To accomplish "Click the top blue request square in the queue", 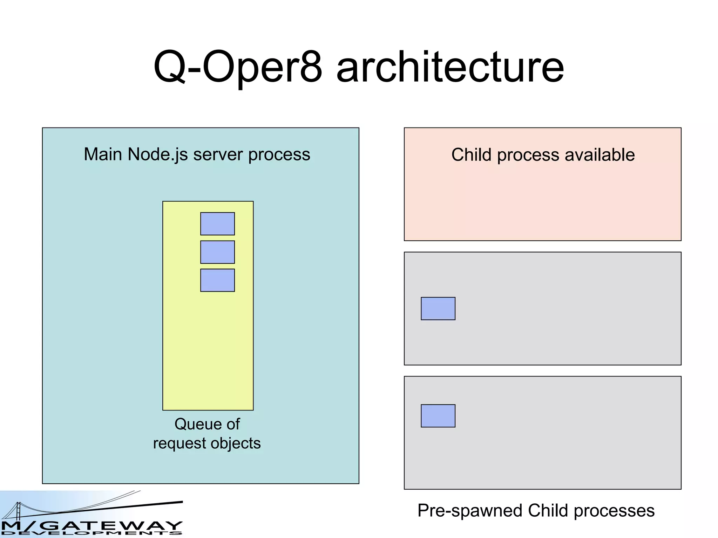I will [x=217, y=224].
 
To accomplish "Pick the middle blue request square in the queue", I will [x=217, y=252].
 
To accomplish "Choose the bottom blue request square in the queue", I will [x=217, y=280].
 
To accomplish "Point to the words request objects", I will [x=207, y=443].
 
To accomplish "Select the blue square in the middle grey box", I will [x=438, y=309].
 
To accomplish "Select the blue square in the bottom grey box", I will [x=438, y=416].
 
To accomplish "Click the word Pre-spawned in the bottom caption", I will [x=470, y=511].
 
